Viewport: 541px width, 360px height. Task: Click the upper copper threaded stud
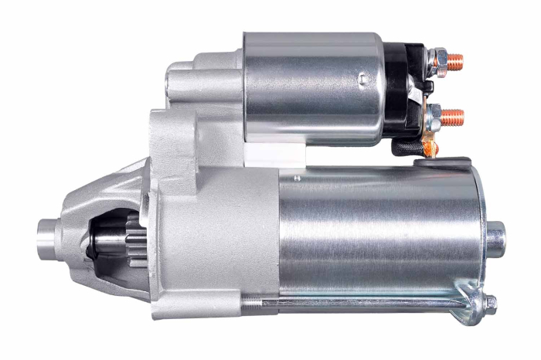point(456,59)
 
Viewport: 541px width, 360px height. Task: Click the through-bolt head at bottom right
point(490,304)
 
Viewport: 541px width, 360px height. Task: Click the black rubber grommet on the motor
point(429,162)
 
